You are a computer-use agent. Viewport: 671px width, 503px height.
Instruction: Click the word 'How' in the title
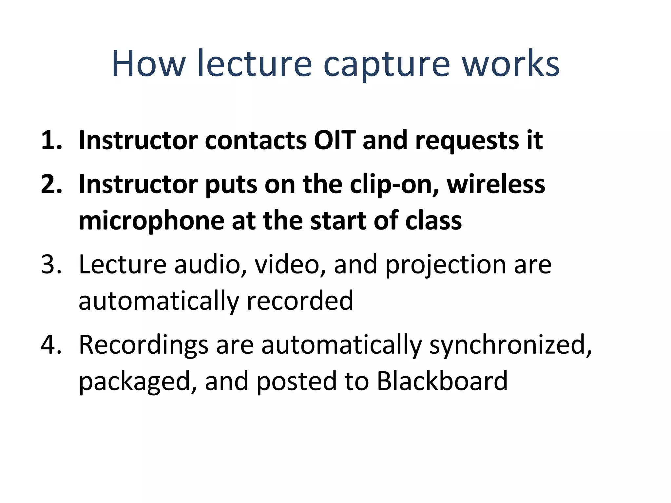point(148,64)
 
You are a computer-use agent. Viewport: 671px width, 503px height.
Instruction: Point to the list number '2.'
point(52,185)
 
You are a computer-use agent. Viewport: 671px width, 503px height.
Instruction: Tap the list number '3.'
point(52,265)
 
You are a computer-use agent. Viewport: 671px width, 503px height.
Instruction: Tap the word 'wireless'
point(496,185)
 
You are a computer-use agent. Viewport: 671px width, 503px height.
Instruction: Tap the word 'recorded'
point(300,301)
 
